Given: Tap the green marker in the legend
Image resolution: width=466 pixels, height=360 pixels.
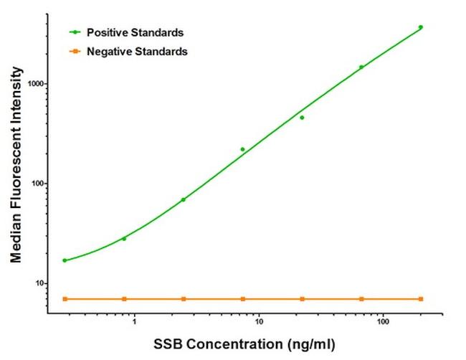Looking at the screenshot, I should pos(75,32).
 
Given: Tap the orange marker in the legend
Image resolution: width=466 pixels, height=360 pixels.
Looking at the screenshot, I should pos(75,52).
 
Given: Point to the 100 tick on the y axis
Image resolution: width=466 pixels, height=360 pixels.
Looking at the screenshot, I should pos(34,184).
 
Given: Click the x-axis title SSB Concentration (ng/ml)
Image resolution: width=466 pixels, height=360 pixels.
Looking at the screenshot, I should pos(242,344).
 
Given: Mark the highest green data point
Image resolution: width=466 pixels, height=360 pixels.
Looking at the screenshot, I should pos(421,27).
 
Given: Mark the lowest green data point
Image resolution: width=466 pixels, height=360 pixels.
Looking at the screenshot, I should pos(65,260).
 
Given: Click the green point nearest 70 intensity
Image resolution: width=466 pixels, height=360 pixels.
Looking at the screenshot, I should pos(184,199).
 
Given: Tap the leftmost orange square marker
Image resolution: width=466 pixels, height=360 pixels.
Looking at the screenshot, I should pos(65,298).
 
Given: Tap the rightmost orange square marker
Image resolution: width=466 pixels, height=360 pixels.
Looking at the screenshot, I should pos(421,298).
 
